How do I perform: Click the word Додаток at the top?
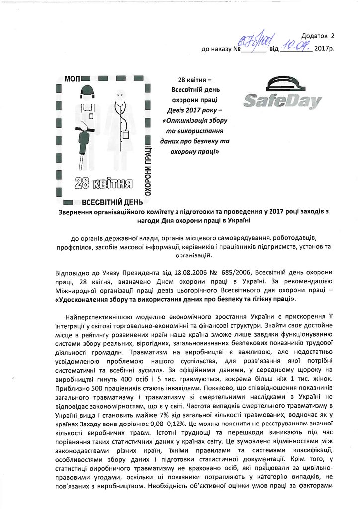315,36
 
